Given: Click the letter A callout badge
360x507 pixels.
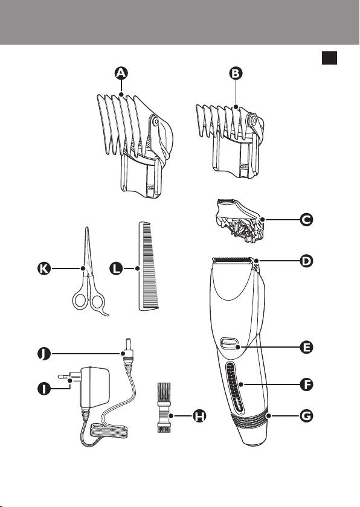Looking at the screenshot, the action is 121,74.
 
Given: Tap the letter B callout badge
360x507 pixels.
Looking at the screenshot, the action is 236,74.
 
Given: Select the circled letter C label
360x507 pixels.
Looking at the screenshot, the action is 306,220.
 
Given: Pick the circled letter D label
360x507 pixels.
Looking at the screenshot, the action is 306,261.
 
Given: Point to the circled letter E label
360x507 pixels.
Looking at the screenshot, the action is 306,347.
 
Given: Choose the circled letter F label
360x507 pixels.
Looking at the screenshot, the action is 306,384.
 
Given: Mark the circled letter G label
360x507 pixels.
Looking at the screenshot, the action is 306,415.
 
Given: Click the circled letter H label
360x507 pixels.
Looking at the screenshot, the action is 199,416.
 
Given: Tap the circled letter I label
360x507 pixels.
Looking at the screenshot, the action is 44,388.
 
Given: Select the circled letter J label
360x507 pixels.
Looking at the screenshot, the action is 44,354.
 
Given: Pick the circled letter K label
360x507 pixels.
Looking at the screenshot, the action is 44,269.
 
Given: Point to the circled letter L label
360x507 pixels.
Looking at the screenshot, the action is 116,269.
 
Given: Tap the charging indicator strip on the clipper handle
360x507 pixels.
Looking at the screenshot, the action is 234,388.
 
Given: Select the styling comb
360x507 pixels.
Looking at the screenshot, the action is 148,266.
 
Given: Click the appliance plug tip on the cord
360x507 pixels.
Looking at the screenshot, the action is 127,343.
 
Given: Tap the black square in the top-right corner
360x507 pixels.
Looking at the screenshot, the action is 329,58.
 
